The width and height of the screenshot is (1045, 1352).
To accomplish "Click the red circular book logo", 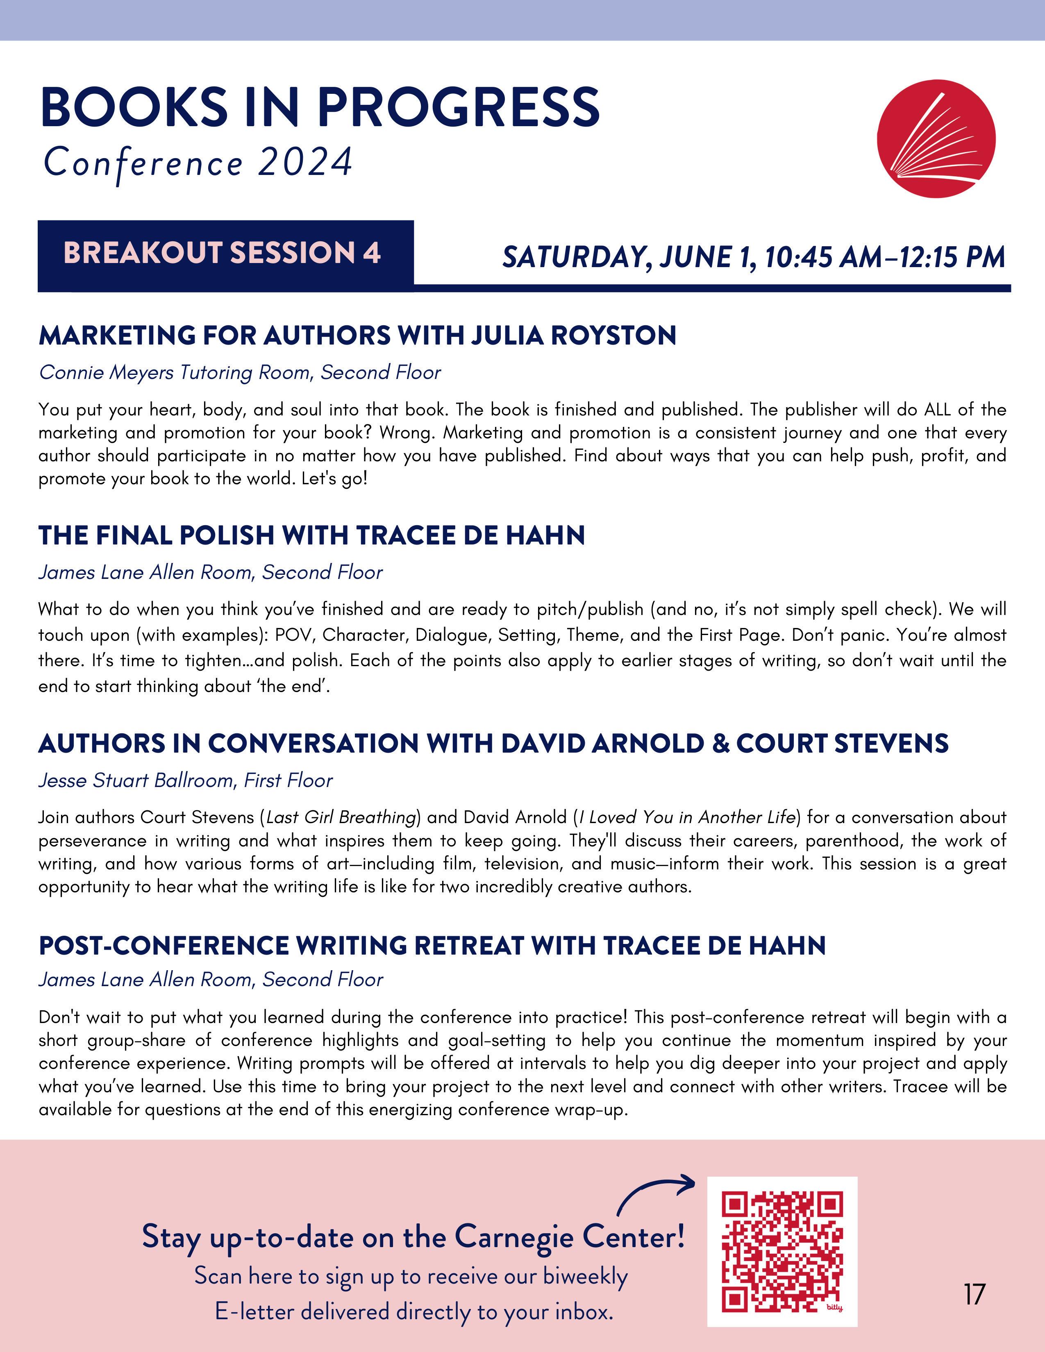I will (x=936, y=138).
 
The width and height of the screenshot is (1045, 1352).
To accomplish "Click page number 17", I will (x=974, y=1294).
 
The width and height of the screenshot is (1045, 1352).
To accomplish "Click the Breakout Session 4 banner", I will (x=225, y=254).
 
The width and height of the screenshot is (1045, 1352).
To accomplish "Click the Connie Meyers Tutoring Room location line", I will (x=240, y=373).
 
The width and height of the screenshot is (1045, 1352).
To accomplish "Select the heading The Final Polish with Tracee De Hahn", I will (x=311, y=535).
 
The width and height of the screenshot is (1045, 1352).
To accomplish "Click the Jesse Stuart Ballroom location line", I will (x=185, y=780).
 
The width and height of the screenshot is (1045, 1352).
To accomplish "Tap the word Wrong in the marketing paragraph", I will (x=405, y=432).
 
